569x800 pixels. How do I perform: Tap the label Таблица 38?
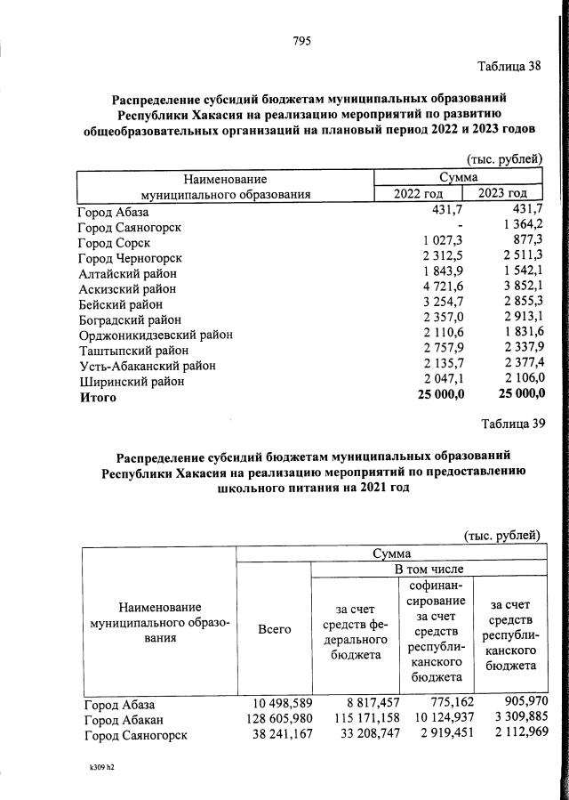click(509, 68)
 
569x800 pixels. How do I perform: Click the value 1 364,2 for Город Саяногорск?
click(521, 227)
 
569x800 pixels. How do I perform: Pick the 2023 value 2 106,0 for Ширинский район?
click(521, 380)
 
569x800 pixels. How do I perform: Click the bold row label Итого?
click(98, 397)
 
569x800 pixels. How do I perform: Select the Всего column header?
click(274, 629)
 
